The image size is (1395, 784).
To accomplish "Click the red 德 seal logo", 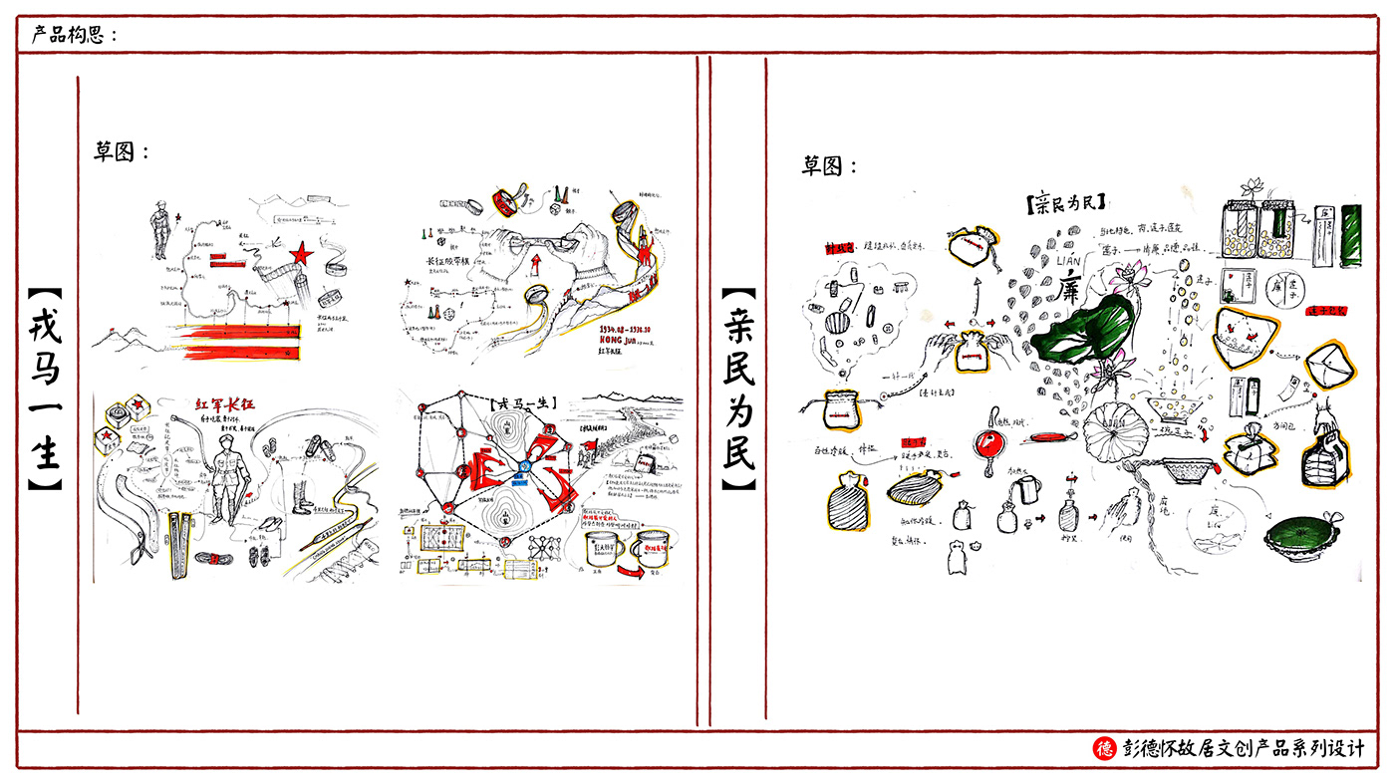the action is [1104, 748].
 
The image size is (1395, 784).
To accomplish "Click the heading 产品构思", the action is [74, 35].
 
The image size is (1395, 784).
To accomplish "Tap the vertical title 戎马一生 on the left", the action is [45, 390].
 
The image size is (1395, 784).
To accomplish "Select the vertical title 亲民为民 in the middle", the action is [738, 390].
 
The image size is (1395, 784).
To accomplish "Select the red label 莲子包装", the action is [1325, 312].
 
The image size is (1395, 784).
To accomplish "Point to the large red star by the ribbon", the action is [303, 256].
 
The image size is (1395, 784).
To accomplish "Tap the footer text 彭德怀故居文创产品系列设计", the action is [1243, 748].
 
